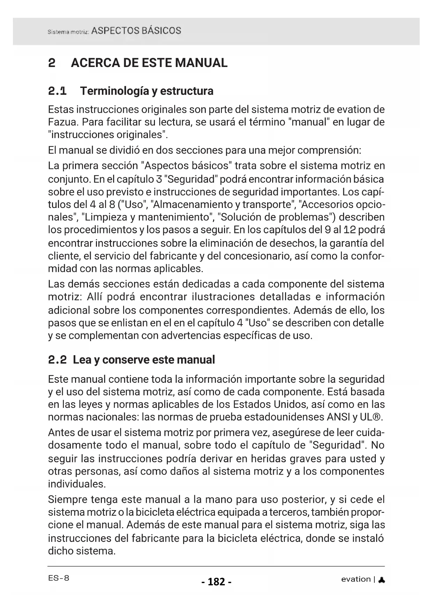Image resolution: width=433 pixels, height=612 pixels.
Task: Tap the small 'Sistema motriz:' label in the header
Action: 68,32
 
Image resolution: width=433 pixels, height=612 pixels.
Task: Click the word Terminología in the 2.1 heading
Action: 114,91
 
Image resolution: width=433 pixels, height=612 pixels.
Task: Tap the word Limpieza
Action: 105,217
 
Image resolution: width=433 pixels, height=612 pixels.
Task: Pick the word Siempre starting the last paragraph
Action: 67,500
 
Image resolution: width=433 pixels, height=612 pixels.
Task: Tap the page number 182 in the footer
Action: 216,582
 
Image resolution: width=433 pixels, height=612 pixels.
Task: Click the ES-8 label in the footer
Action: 59,578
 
